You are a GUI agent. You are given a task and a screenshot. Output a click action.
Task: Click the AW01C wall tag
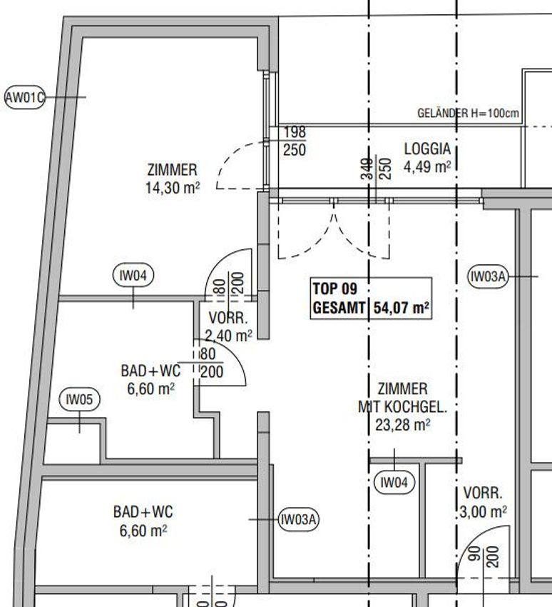tap(25, 97)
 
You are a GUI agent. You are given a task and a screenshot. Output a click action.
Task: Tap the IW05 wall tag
tap(80, 399)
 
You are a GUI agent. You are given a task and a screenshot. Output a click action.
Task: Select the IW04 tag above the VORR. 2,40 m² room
tap(133, 275)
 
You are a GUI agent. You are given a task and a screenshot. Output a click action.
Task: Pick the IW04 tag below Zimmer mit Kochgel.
tap(394, 482)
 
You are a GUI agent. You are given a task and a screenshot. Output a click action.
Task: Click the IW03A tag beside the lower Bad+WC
tap(299, 519)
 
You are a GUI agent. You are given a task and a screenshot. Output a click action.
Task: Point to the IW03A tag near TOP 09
tap(488, 276)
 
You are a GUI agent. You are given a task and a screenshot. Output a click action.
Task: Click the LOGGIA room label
tap(427, 149)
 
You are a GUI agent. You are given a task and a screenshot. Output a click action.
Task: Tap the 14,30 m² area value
tap(173, 188)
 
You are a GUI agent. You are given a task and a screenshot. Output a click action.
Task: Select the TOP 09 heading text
tap(334, 289)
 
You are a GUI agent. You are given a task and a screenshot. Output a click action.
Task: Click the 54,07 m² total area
tap(402, 308)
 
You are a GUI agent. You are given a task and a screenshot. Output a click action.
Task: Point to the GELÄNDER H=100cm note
tap(468, 113)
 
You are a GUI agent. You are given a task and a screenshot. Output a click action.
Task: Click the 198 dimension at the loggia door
tap(295, 132)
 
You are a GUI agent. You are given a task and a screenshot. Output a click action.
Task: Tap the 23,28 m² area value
tap(403, 425)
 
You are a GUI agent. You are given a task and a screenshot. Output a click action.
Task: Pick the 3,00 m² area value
tap(484, 512)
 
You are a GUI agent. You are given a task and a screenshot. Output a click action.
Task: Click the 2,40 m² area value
tap(229, 336)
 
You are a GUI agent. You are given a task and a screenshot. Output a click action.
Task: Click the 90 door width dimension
tap(476, 554)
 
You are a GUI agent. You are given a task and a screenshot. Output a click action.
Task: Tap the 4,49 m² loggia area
tap(427, 167)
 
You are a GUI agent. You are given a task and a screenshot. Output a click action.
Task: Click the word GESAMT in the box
tap(339, 308)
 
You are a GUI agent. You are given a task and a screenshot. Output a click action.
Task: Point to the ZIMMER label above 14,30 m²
tap(173, 170)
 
